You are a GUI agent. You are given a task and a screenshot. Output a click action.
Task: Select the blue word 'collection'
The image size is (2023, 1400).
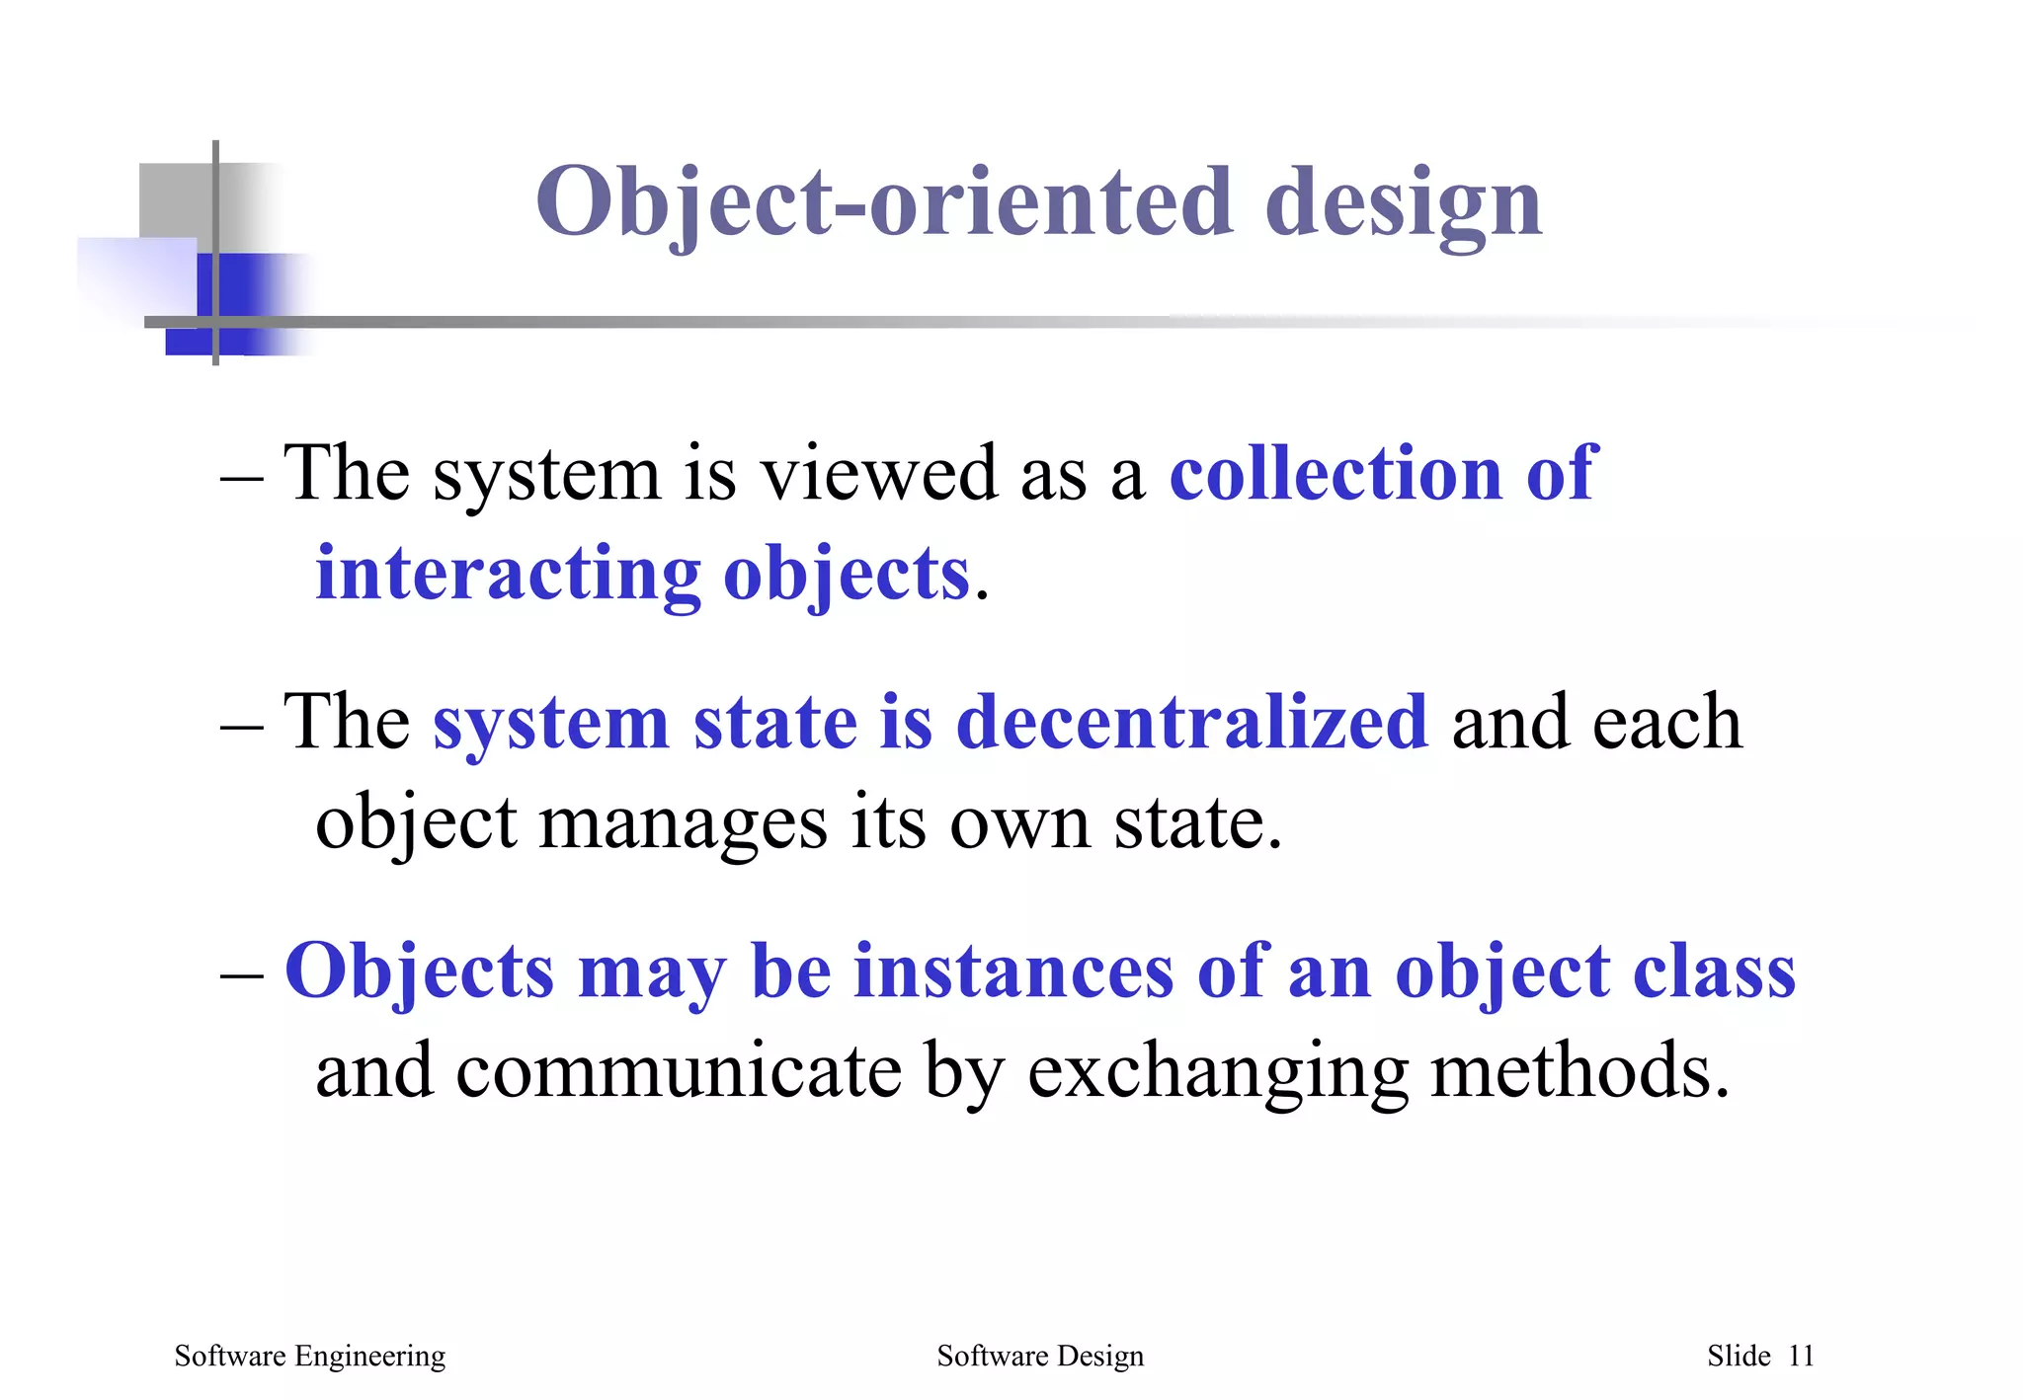1335,473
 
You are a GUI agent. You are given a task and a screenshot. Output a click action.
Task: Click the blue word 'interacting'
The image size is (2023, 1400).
508,574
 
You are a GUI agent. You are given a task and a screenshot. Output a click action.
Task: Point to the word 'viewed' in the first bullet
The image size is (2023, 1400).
878,473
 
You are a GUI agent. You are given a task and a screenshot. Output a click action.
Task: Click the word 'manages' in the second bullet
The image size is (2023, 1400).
683,822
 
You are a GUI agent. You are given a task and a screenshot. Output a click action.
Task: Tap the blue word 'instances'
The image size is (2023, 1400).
1013,972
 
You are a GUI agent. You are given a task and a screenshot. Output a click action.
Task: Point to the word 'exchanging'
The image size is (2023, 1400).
1217,1073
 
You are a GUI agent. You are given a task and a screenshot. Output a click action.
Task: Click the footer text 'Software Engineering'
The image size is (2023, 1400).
309,1357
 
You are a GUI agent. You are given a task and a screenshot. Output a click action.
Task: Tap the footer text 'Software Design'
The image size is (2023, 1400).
1039,1357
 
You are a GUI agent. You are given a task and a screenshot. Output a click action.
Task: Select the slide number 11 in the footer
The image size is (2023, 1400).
1801,1357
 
